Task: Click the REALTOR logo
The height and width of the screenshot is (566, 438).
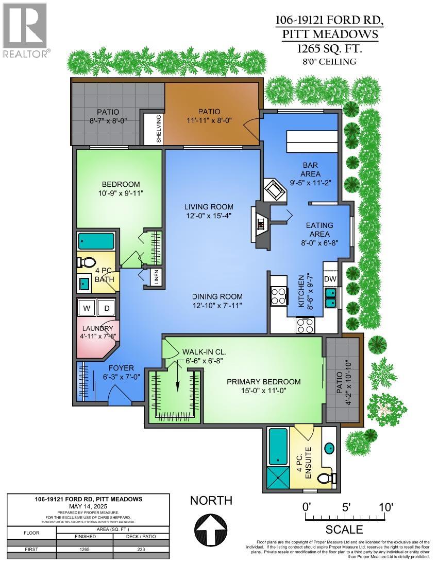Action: pyautogui.click(x=26, y=29)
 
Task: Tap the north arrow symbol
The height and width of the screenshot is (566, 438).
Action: pyautogui.click(x=211, y=530)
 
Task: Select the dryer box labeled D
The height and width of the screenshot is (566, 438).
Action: pyautogui.click(x=107, y=308)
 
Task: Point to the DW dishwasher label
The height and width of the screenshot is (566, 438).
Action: pyautogui.click(x=330, y=278)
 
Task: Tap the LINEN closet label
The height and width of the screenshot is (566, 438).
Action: pyautogui.click(x=156, y=276)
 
